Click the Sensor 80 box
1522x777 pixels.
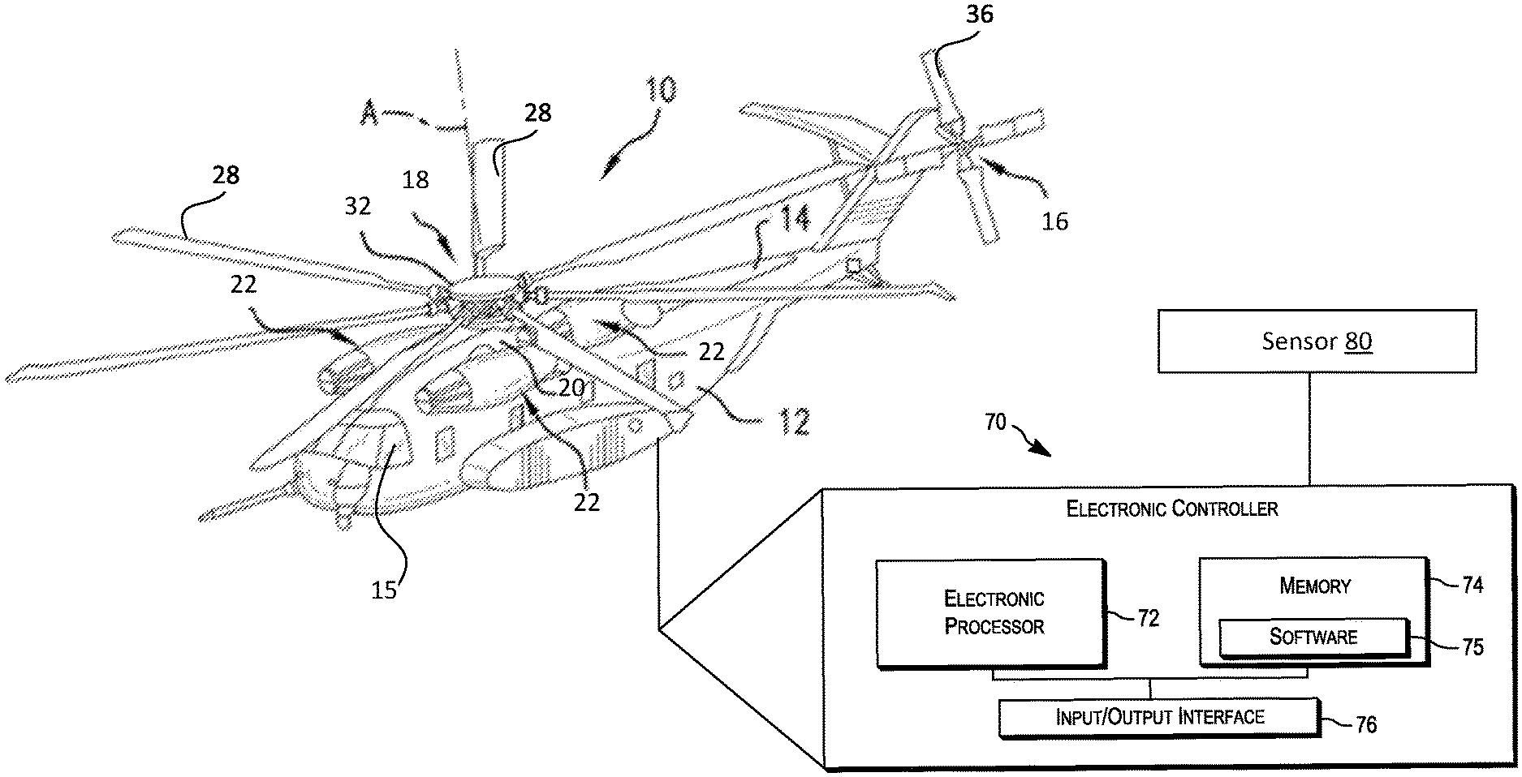point(1316,341)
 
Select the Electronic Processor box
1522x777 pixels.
point(992,613)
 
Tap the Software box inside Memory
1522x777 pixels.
point(1313,637)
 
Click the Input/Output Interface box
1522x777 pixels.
point(1159,717)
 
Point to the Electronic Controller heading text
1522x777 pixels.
point(1171,509)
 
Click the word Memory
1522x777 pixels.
point(1314,586)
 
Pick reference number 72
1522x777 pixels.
point(1148,619)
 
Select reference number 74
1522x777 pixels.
point(1472,585)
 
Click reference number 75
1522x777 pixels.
point(1472,646)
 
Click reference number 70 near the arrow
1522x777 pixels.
point(996,423)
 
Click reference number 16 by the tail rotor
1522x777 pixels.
point(1054,220)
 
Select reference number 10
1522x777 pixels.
point(662,90)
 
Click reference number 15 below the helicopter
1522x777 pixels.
point(384,590)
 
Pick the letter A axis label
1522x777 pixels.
point(369,116)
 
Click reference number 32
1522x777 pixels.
point(357,206)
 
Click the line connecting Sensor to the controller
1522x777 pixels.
point(1309,429)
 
